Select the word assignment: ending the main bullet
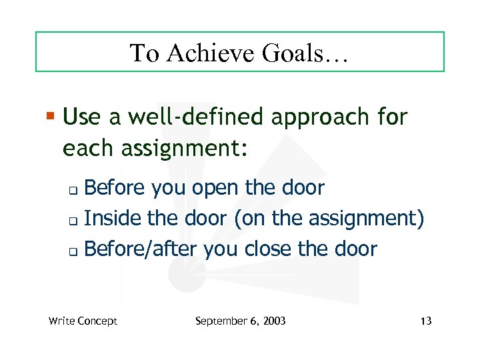(x=185, y=147)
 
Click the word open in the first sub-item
(x=217, y=189)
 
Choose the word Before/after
(x=141, y=249)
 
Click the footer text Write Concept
(x=83, y=321)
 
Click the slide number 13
(x=426, y=321)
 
